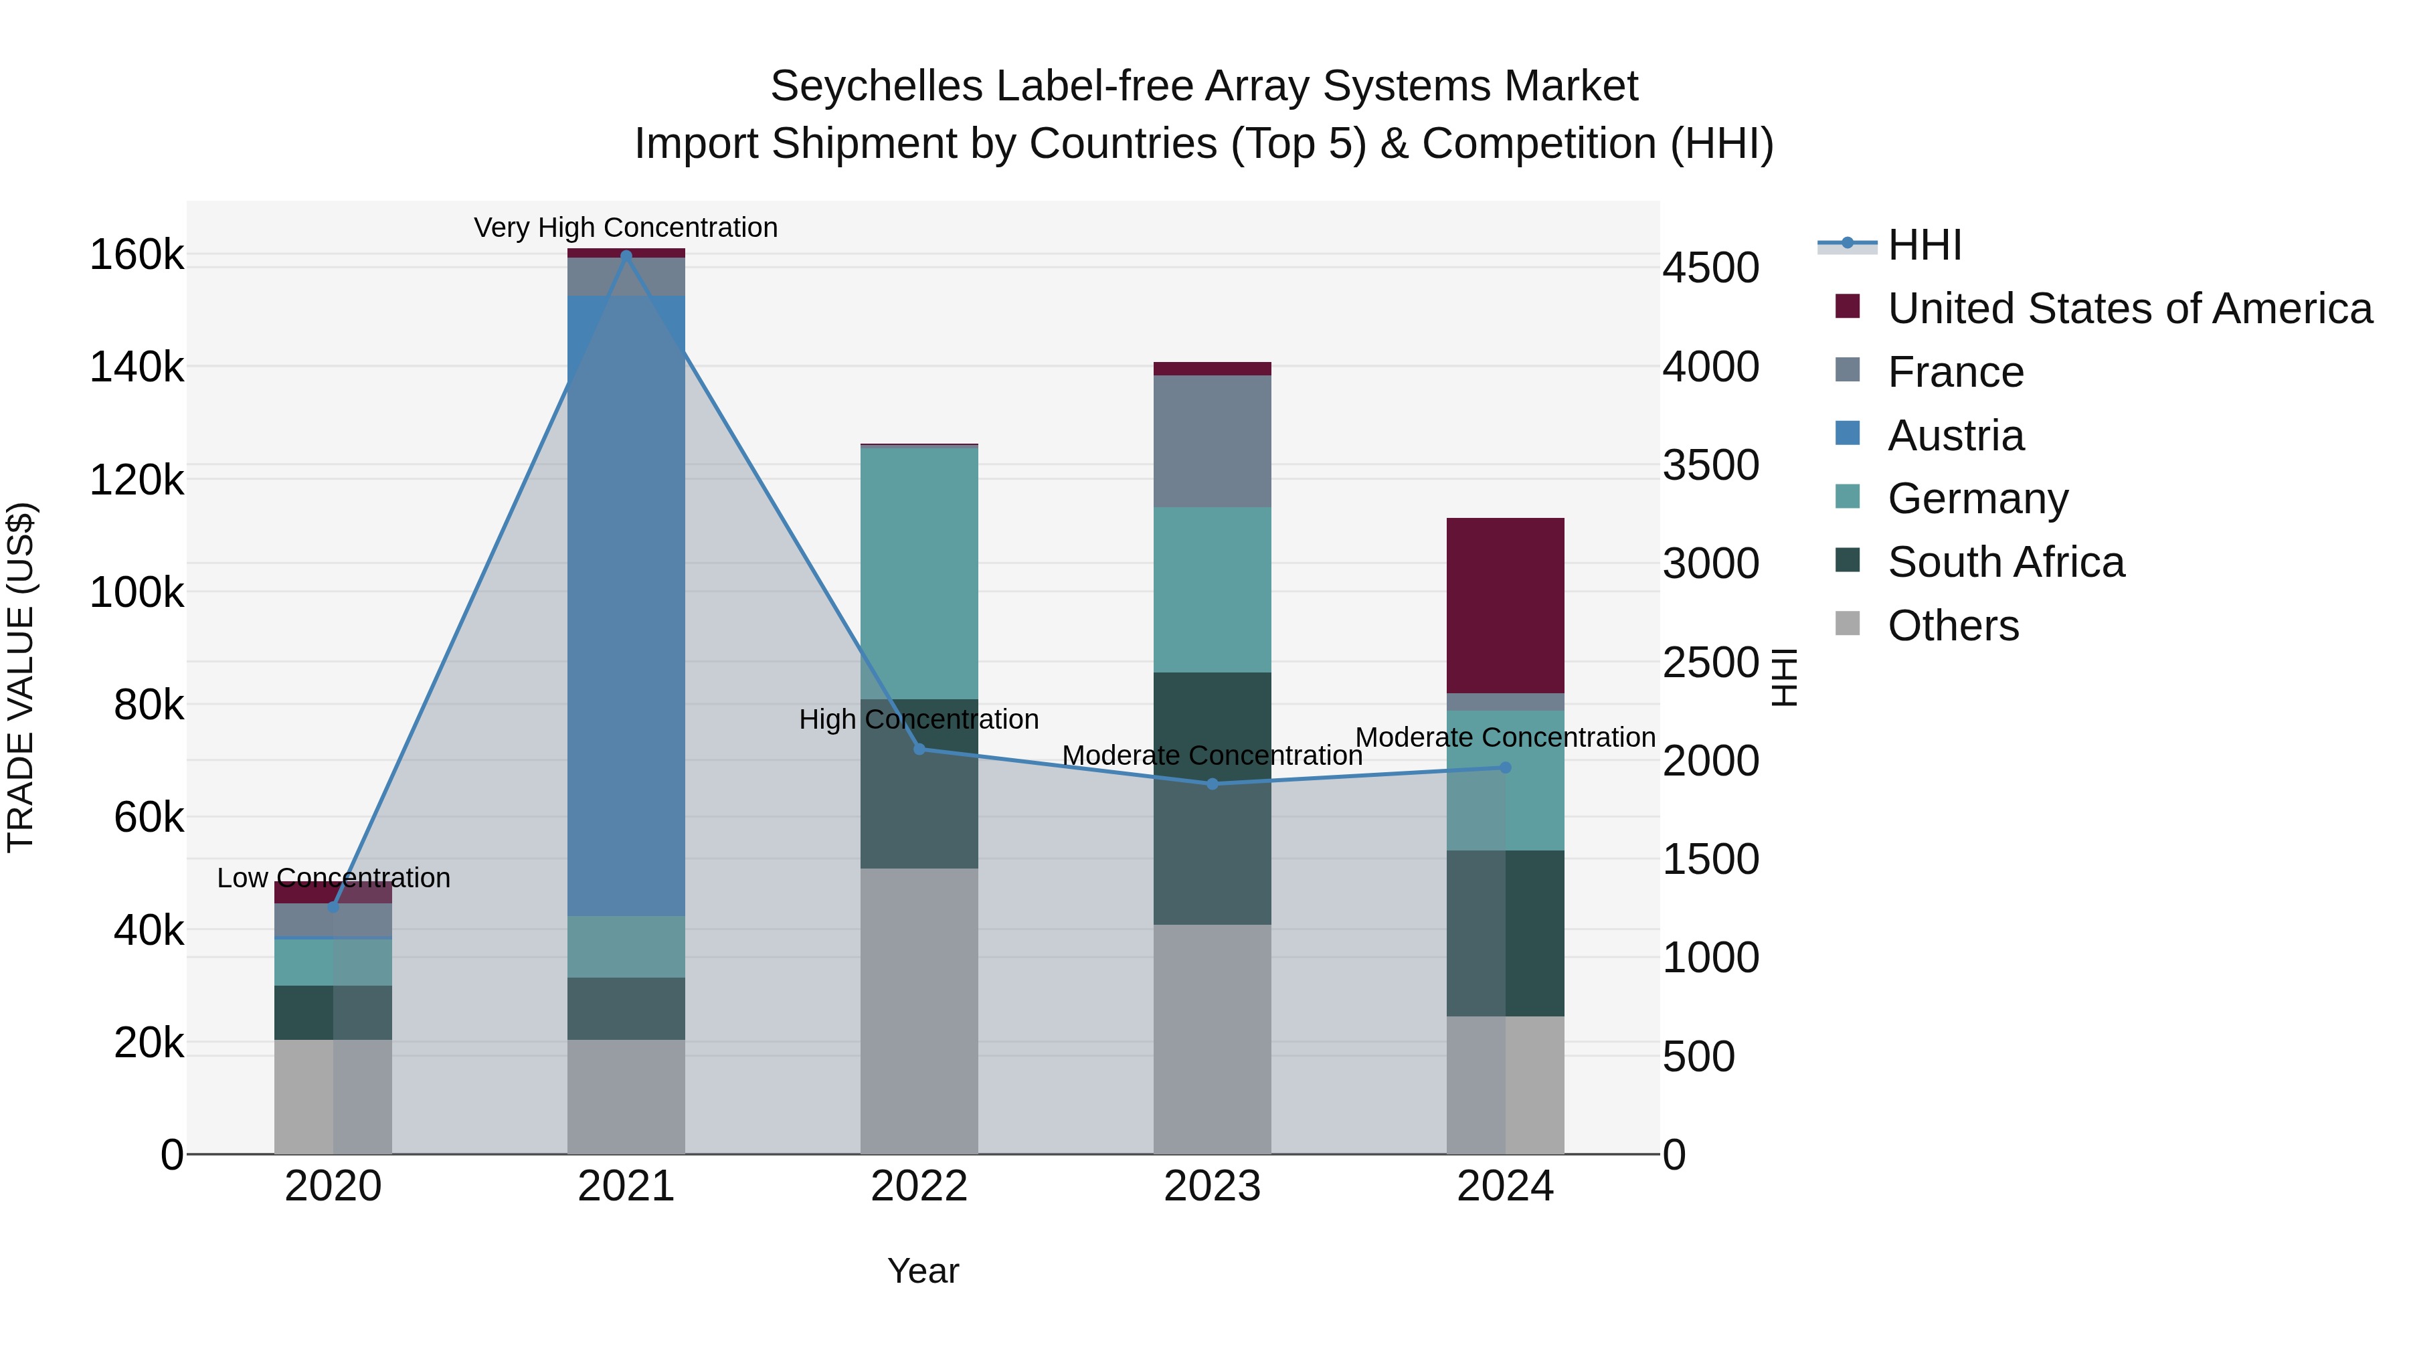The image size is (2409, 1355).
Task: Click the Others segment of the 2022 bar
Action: pos(918,1010)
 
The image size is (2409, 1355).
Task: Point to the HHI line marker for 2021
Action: pos(626,256)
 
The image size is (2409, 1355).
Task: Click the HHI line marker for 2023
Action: pos(1212,784)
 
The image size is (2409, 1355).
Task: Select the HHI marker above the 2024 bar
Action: pos(1505,767)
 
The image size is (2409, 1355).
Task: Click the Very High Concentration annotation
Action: pos(626,228)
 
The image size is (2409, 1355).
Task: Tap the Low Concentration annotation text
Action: pos(334,878)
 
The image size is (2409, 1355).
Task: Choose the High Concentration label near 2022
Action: pos(918,719)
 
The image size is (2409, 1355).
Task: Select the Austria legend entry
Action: pos(1955,436)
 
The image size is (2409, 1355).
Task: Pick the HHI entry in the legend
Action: pos(1924,245)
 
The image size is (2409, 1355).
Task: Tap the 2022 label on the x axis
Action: pos(918,1186)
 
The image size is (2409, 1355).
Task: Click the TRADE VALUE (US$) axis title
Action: pos(21,677)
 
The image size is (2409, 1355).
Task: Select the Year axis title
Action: pos(923,1271)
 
